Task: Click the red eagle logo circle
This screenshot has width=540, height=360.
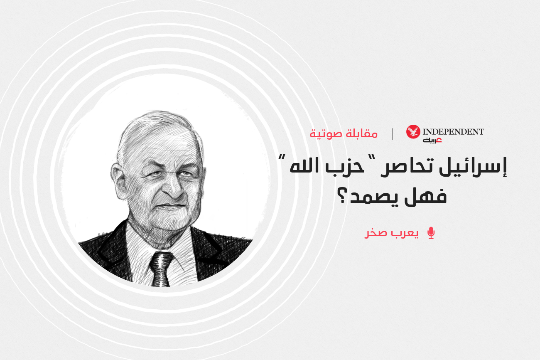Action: point(413,132)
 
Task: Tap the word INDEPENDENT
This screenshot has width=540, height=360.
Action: point(453,132)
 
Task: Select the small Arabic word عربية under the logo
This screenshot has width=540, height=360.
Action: point(432,140)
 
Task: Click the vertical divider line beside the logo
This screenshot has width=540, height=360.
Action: point(392,134)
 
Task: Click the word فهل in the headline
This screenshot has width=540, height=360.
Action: point(426,195)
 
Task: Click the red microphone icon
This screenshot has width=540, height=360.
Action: point(431,233)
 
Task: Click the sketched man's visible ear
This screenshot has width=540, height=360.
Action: point(119,180)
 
